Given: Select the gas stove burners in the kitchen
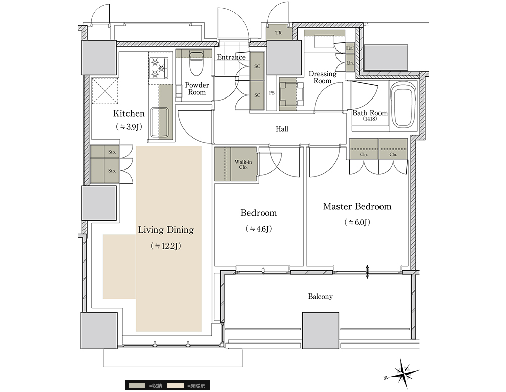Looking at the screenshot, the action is (x=158, y=68).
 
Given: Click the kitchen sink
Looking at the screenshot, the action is (x=159, y=122).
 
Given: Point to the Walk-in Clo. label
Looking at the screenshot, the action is (x=243, y=164).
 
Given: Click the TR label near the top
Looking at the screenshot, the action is (x=278, y=33).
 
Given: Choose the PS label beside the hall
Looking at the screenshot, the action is (x=272, y=93).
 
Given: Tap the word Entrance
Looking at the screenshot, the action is (x=231, y=57).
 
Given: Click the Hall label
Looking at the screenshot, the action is (x=282, y=129).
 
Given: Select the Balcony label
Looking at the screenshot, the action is (x=320, y=297).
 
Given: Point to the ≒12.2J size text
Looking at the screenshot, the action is (x=166, y=246).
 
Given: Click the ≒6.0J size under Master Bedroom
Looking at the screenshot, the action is (x=357, y=222).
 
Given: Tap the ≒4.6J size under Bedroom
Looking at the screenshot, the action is (x=259, y=229).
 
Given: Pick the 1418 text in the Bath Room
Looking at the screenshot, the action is (x=369, y=119).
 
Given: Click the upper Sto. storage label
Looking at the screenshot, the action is (x=112, y=152).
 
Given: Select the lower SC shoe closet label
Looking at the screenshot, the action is (x=257, y=95).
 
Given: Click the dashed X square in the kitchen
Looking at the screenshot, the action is (x=105, y=91).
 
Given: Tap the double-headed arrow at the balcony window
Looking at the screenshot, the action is (x=367, y=272).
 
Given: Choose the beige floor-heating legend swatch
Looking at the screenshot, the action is (x=175, y=385).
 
